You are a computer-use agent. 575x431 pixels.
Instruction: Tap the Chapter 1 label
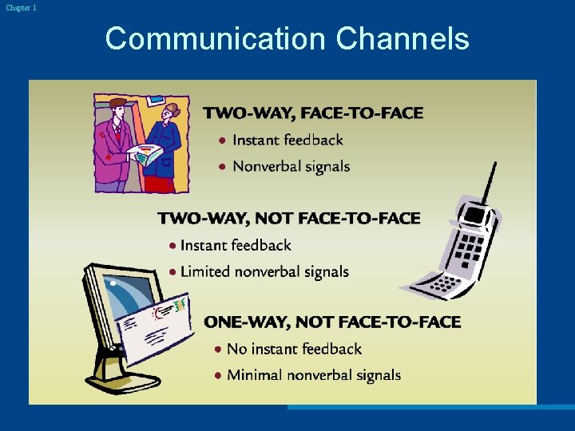(21, 7)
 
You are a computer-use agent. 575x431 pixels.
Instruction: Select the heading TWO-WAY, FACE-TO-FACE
(313, 113)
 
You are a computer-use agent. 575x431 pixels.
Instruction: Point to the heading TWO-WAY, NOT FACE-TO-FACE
(288, 219)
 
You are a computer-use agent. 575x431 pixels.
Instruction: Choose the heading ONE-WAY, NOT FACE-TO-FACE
(332, 322)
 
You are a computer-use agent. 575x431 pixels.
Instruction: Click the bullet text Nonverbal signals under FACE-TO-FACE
(291, 167)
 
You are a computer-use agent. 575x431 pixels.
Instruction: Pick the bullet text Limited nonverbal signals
(264, 271)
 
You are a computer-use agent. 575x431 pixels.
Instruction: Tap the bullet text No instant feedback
(294, 349)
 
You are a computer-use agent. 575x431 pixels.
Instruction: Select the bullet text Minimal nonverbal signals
(314, 375)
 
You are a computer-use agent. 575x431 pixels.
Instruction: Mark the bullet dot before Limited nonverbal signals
(172, 272)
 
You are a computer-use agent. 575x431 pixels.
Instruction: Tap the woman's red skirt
(161, 183)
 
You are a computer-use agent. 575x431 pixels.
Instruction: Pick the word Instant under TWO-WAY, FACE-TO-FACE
(256, 140)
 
